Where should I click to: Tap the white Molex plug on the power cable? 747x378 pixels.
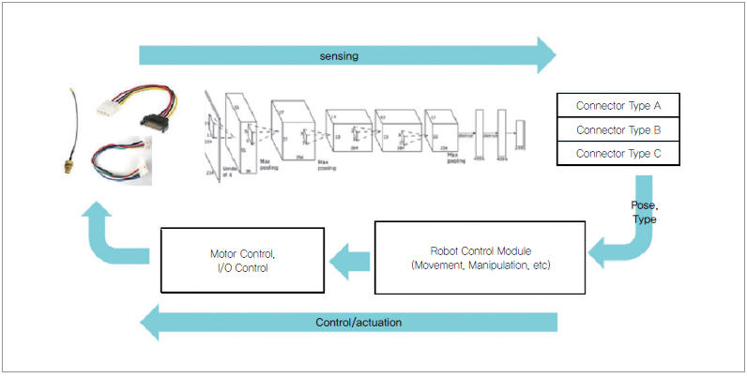pyautogui.click(x=106, y=105)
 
